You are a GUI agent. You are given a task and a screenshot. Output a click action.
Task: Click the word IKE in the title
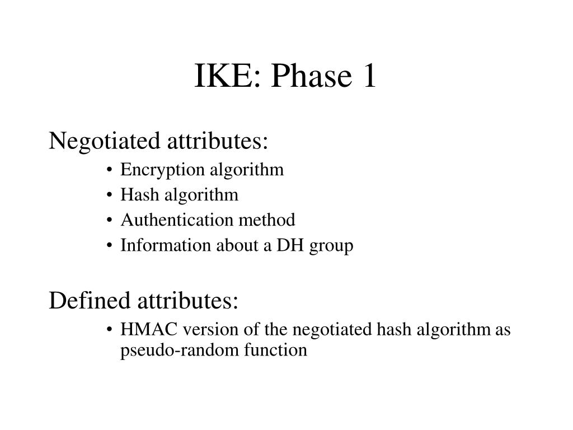pyautogui.click(x=222, y=77)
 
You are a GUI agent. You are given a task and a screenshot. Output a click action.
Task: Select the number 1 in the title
pyautogui.click(x=367, y=77)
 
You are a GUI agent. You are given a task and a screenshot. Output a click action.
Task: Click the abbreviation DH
pyautogui.click(x=289, y=246)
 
